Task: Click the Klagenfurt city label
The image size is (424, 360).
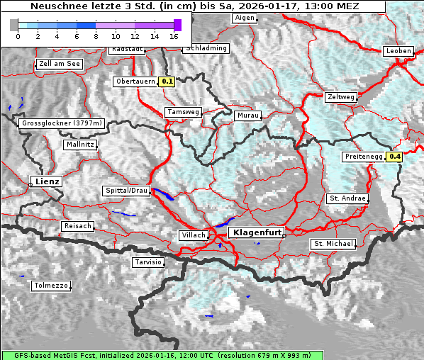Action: [x=258, y=232]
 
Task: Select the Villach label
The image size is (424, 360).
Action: [x=194, y=235]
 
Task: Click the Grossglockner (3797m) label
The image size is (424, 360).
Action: [x=62, y=123]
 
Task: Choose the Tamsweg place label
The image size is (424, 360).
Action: [x=183, y=112]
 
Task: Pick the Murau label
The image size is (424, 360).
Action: [x=248, y=115]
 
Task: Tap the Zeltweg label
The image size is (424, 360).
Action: [x=341, y=97]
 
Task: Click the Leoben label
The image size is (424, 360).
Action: [x=397, y=51]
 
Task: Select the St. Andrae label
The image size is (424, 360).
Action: [x=347, y=198]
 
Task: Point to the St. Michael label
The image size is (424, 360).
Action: [x=333, y=244]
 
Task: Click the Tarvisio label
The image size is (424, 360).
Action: [x=148, y=262]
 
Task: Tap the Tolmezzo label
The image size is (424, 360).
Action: [x=50, y=286]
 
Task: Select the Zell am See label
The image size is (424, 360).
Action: [x=59, y=64]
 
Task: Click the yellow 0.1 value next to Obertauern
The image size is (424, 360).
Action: [x=167, y=81]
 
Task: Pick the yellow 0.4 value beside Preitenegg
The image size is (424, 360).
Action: [x=394, y=157]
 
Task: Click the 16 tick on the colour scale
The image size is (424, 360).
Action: [x=174, y=35]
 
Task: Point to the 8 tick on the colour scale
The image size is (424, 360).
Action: [x=96, y=35]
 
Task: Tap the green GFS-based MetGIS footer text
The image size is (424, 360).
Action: [x=162, y=355]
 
